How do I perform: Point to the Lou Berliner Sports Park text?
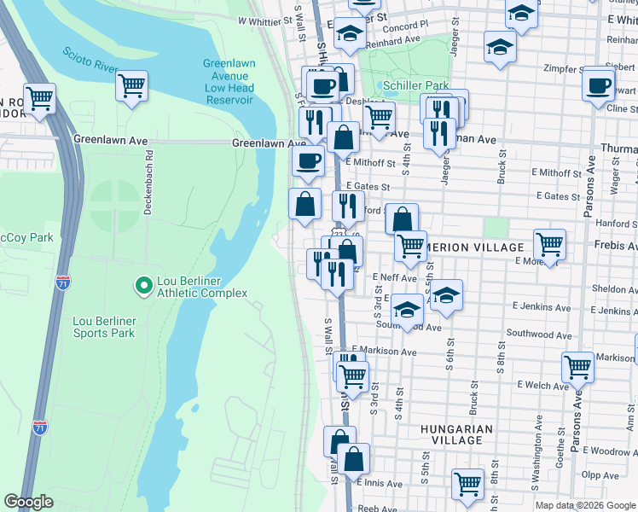pos(103,327)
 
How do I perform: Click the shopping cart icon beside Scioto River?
pos(132,84)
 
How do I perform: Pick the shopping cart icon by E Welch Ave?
pos(577,367)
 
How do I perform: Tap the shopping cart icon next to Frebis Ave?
pos(549,243)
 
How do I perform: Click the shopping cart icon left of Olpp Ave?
pos(467,484)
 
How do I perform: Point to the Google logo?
pos(28,502)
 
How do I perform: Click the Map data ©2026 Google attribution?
pos(584,505)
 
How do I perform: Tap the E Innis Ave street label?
pos(379,483)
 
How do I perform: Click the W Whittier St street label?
pos(264,20)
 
